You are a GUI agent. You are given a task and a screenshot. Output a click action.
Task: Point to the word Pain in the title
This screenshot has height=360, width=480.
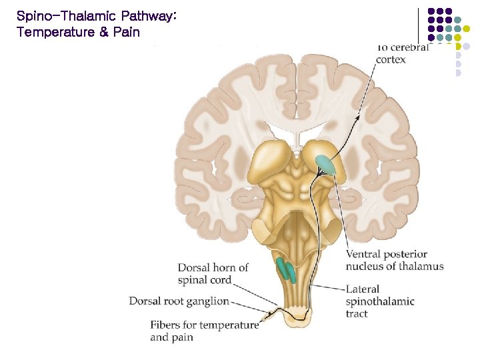[127, 32]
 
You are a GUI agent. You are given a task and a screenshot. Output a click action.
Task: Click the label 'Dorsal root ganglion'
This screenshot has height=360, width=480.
[179, 301]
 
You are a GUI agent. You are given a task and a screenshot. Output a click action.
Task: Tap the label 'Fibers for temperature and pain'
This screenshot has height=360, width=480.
[204, 331]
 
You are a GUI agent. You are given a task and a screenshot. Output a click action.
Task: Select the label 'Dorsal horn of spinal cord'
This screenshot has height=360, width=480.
[213, 273]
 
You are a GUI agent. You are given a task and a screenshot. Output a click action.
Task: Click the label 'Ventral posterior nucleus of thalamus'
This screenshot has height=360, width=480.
[394, 260]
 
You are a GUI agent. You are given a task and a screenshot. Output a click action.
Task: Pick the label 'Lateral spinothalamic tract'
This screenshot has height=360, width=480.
[380, 301]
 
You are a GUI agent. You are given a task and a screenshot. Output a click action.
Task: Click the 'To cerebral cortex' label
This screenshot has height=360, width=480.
[401, 53]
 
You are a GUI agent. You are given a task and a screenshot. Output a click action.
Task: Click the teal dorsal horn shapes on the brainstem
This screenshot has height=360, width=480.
[285, 269]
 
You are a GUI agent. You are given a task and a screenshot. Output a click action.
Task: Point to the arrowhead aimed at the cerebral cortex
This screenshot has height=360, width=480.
[359, 117]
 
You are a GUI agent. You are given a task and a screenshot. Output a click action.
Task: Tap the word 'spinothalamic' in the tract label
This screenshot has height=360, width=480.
[380, 301]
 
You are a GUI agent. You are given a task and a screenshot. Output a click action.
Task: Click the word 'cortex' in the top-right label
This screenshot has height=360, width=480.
[391, 59]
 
